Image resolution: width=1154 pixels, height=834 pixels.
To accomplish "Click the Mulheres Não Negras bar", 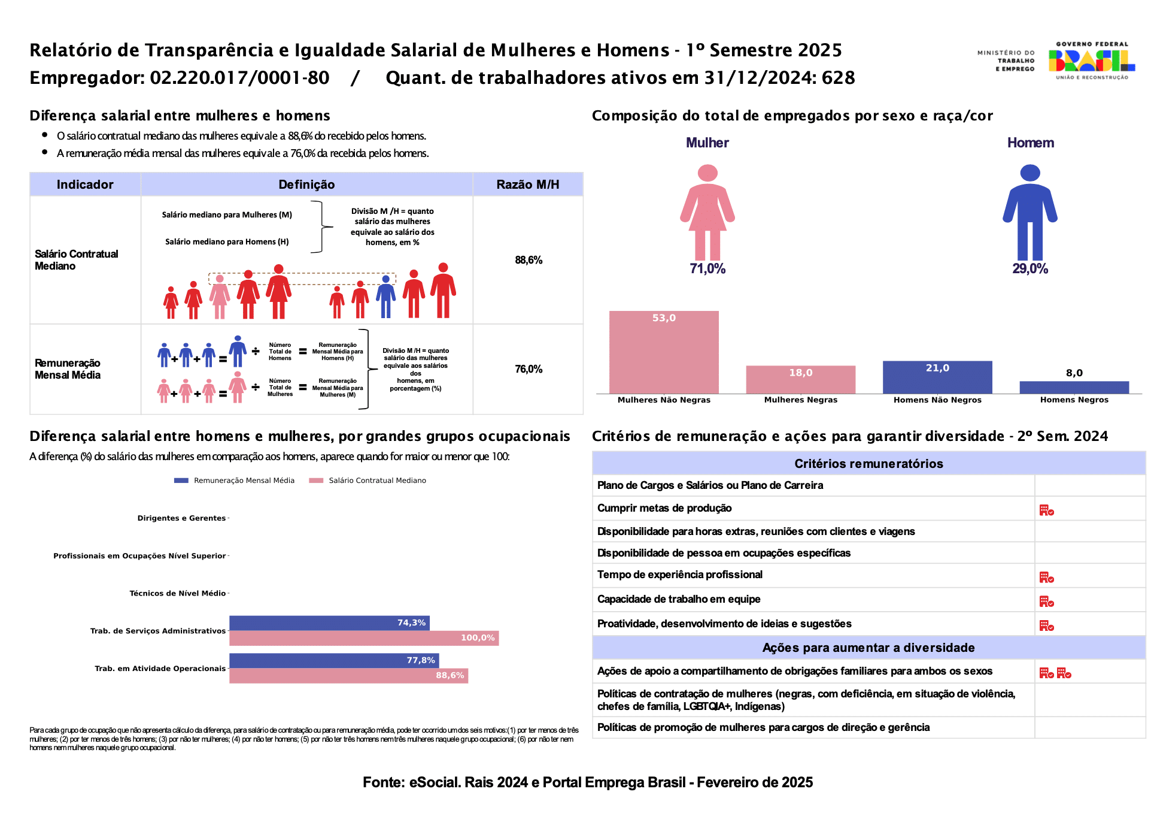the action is [664, 352].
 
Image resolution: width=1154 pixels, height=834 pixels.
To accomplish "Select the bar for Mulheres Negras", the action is [801, 380].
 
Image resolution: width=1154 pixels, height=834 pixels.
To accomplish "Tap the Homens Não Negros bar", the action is [937, 377].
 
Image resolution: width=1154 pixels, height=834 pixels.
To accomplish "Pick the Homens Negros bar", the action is [1074, 388].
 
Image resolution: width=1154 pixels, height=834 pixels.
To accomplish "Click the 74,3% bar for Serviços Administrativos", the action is [329, 623].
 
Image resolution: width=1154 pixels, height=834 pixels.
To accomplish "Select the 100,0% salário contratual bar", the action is [364, 638].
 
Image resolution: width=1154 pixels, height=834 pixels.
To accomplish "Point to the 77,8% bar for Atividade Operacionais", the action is [334, 660].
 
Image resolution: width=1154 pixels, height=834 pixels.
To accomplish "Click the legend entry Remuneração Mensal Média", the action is [235, 481].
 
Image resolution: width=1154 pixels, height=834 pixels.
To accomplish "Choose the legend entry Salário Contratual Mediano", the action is [368, 481].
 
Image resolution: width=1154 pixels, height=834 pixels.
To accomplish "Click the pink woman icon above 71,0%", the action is [707, 212].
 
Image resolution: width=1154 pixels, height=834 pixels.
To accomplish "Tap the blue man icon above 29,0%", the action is [1030, 212].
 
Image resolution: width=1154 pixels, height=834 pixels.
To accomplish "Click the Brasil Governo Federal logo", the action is [1092, 61].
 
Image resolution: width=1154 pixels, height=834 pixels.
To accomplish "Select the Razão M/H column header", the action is [528, 185].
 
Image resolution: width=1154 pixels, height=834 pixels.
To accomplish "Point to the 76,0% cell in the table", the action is [529, 369].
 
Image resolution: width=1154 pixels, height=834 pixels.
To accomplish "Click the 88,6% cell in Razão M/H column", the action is [529, 260].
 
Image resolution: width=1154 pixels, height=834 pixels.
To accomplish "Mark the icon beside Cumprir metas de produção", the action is [1046, 510].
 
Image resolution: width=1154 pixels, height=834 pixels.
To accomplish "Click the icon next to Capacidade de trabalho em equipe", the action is [1046, 601].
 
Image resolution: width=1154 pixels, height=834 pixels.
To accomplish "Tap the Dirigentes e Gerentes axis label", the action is [181, 518].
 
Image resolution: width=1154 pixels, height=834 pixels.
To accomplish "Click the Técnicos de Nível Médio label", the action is [178, 593].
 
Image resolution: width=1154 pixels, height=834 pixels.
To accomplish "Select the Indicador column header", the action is [85, 185].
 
